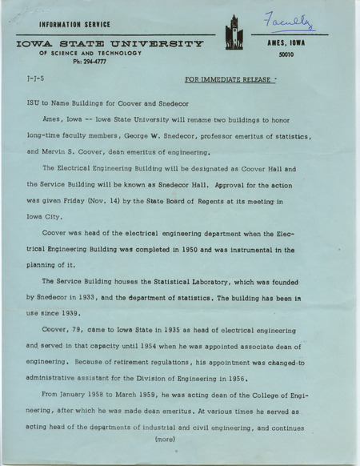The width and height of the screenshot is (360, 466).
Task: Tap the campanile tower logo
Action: coord(234,35)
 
